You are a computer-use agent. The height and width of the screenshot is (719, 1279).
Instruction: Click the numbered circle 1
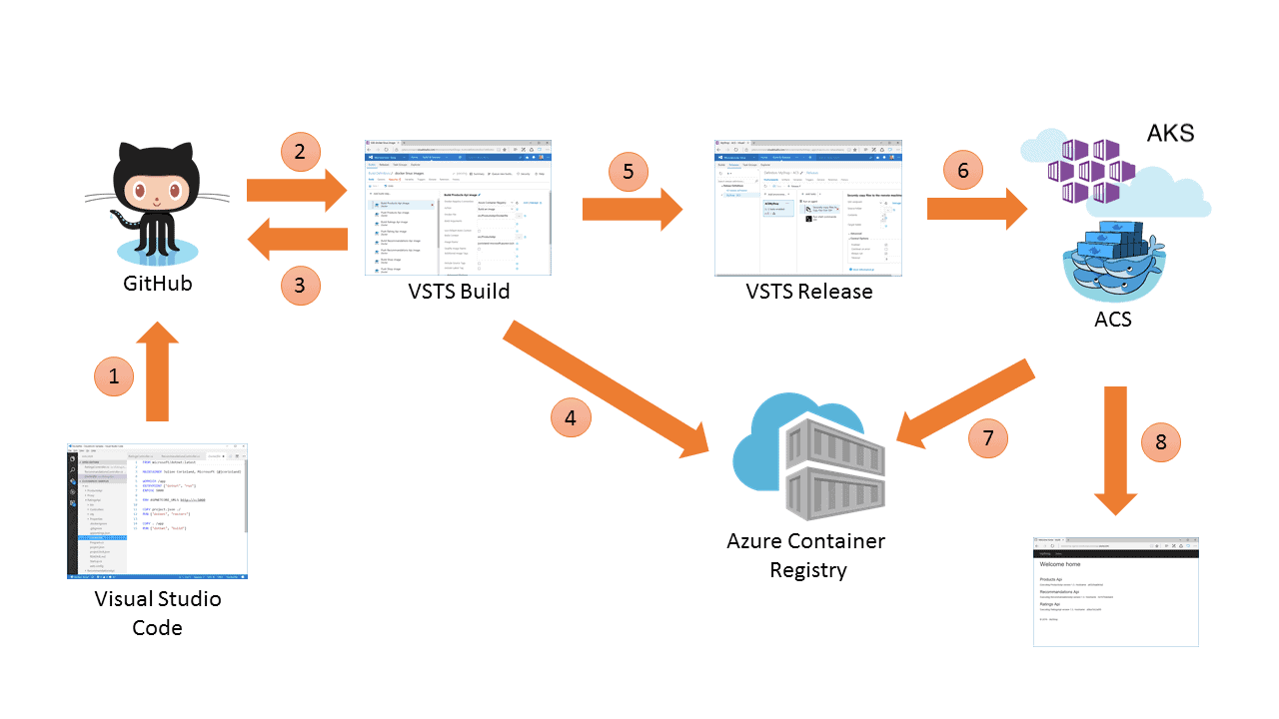[113, 376]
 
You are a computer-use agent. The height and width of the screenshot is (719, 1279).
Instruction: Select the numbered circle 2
[300, 152]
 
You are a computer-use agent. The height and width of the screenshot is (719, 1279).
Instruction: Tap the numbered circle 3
[300, 285]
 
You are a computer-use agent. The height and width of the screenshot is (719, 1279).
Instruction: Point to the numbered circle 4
[571, 418]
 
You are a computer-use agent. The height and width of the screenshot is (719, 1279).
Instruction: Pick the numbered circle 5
[628, 171]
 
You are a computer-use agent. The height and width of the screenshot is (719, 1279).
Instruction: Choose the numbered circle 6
[962, 171]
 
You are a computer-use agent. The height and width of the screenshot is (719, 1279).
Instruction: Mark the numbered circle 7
[987, 437]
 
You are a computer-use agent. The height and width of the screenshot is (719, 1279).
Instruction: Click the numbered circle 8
[1160, 442]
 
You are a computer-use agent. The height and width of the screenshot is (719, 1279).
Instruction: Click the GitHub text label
[157, 284]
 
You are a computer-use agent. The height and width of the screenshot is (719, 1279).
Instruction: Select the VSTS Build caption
[459, 292]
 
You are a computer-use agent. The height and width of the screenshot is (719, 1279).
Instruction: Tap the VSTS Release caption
[809, 292]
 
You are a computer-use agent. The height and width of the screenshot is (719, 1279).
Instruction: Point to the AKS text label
[1170, 134]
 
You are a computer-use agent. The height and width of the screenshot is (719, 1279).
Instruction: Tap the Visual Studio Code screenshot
[157, 511]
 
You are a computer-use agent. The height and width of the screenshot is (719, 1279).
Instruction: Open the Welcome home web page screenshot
[1115, 591]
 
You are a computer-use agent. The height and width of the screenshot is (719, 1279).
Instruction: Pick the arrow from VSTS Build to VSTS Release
[631, 209]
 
